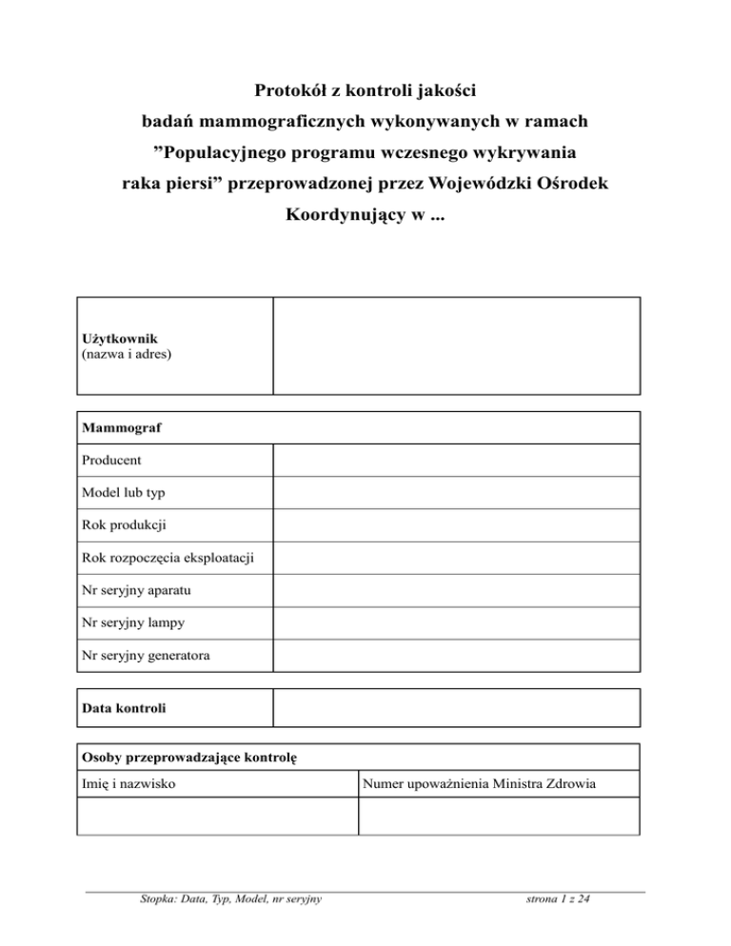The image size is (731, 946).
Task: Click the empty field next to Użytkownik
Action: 456,345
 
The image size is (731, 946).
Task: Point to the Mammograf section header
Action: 121,428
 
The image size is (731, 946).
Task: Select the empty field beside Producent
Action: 456,460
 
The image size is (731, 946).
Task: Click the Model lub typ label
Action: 128,493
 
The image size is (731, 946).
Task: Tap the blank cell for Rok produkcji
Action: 456,525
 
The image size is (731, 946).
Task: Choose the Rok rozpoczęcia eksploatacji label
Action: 171,558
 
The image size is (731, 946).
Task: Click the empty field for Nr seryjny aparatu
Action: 456,590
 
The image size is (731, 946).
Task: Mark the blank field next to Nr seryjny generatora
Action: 456,656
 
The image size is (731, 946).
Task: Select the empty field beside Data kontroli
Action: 456,709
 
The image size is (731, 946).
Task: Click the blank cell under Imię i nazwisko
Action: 217,817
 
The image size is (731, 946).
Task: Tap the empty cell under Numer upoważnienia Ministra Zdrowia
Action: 498,817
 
